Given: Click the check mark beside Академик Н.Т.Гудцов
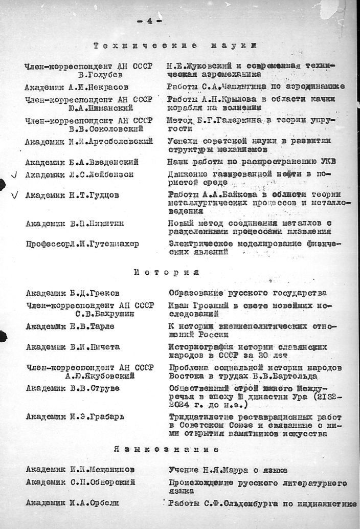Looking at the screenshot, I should pyautogui.click(x=14, y=194).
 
